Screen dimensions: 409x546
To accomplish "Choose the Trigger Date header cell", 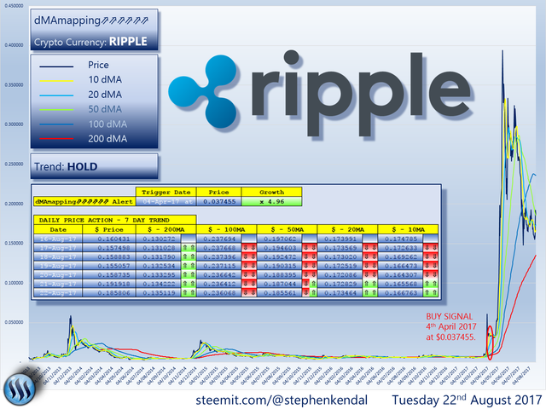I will [x=166, y=192].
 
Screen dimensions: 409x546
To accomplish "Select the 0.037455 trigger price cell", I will [x=218, y=201].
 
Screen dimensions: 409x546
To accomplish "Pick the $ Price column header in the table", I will [x=108, y=229].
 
